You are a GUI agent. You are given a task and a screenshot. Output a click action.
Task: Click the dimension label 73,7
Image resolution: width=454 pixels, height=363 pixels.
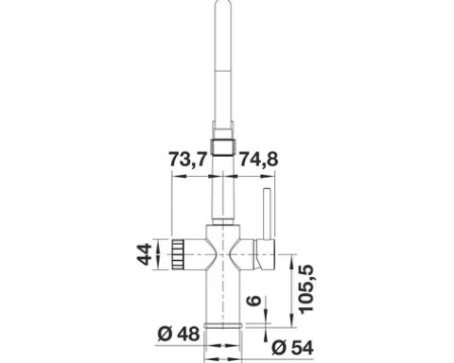(188, 159)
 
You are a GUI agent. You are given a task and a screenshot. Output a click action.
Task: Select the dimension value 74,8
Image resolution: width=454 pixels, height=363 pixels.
(259, 159)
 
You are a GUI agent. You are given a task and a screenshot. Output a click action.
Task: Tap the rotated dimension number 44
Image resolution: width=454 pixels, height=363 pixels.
(145, 254)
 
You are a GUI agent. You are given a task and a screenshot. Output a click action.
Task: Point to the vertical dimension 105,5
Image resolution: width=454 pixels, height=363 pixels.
(306, 289)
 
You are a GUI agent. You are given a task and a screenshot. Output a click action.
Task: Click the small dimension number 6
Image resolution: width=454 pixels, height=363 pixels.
(253, 301)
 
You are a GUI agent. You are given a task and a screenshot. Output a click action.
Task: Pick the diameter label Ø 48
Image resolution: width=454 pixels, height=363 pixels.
(179, 335)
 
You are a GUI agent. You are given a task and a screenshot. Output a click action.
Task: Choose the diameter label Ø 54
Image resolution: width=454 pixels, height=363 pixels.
(293, 348)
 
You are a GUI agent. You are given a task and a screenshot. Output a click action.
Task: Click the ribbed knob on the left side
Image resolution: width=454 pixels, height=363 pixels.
(179, 254)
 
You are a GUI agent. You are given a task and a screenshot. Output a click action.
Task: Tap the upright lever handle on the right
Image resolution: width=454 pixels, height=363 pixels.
(267, 214)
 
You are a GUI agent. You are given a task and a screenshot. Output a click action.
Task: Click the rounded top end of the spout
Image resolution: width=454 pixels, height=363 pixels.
(223, 4)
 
